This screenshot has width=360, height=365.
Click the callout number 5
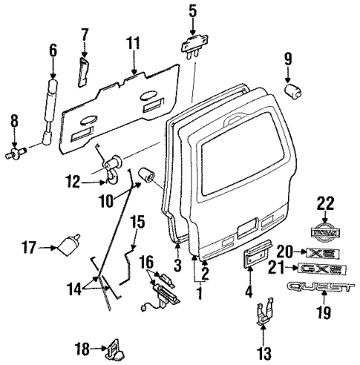[x=192, y=10]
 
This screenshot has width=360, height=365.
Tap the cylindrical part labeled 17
[x=72, y=245]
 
